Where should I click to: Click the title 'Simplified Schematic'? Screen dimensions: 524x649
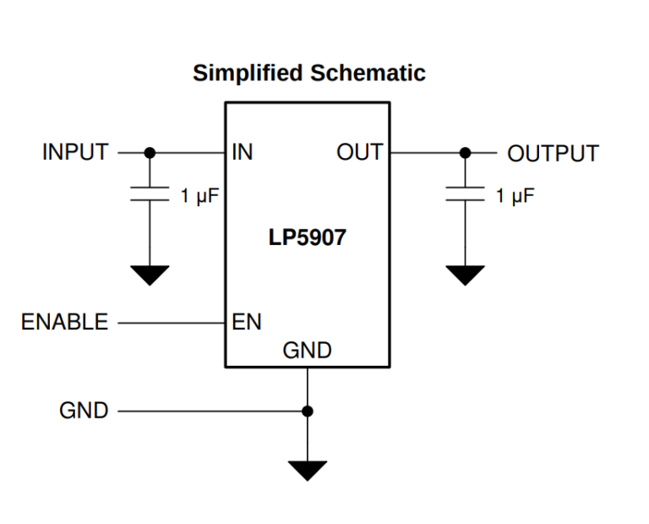(308, 74)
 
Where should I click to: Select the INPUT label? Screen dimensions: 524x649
(75, 153)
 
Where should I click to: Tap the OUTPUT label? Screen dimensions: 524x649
(553, 154)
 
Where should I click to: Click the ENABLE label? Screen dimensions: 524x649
(65, 322)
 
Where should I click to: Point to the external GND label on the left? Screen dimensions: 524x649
(84, 411)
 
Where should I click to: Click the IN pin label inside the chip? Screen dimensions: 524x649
(243, 153)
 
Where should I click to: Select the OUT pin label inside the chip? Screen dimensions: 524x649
(359, 153)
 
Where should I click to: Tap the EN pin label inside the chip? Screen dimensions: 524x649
(246, 322)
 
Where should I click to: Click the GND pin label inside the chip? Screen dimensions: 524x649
(307, 351)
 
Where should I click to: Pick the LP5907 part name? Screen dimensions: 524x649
(307, 237)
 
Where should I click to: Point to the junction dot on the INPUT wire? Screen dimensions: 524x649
(150, 153)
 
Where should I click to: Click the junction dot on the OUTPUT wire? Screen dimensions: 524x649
(465, 153)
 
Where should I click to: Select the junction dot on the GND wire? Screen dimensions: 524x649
(308, 411)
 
